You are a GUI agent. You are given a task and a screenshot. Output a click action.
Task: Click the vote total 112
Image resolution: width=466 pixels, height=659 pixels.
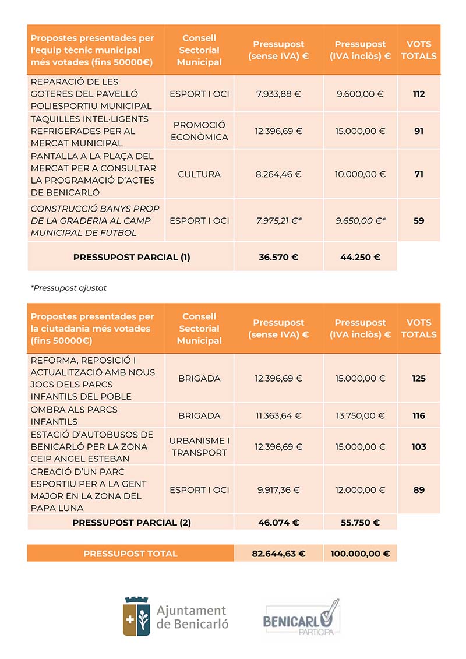point(419,94)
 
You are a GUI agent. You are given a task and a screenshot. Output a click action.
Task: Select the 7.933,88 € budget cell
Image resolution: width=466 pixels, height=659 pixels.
point(278,94)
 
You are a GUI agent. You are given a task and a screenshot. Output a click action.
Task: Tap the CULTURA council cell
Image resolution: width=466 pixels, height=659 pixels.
point(199,174)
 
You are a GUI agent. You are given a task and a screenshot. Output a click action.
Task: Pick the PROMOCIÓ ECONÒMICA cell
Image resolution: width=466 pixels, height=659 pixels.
point(199,131)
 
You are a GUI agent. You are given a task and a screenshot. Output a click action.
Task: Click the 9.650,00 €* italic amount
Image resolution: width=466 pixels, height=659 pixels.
point(360,221)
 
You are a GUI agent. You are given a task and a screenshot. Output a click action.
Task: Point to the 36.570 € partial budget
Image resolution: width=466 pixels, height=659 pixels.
point(278,257)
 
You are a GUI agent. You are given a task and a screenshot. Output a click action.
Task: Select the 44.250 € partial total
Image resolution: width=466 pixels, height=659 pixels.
point(360,257)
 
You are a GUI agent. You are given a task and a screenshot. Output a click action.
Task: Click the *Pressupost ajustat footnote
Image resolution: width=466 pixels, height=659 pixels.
point(69,288)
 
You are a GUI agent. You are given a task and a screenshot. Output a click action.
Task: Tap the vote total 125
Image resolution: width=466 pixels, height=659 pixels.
point(419,379)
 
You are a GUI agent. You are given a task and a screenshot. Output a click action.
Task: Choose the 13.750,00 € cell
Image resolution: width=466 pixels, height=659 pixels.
point(360,416)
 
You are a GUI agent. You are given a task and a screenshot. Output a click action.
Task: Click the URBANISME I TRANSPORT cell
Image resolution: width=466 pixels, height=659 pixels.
point(199,447)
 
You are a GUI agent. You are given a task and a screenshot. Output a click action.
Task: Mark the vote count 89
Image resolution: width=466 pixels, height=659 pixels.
point(419,490)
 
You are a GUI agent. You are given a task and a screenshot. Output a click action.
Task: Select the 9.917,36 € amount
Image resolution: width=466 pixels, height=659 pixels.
point(278,490)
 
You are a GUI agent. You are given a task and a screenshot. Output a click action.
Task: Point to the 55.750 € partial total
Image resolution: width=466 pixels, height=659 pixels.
point(360,523)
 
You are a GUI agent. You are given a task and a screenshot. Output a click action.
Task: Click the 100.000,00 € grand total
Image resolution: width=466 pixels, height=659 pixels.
point(360,554)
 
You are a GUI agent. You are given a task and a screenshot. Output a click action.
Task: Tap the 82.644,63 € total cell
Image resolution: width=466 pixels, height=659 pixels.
point(278,554)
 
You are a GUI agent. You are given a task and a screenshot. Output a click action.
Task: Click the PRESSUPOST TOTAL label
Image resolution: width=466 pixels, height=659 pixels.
point(130,554)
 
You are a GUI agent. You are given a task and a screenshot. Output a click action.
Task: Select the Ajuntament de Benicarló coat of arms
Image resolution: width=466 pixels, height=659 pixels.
point(136,616)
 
